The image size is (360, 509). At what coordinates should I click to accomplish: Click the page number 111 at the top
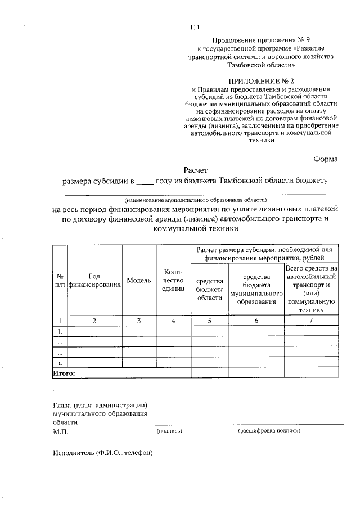195,27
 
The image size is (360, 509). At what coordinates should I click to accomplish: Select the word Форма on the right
325,159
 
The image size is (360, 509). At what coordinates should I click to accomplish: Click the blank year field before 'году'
145,182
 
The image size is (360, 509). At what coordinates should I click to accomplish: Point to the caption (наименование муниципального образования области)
195,200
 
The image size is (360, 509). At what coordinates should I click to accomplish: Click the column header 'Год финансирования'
94,280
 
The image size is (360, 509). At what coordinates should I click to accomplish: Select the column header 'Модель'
139,280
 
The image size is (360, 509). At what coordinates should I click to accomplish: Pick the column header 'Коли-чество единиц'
173,280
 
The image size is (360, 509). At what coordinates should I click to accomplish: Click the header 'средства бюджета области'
210,289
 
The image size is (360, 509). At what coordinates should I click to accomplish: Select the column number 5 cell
210,321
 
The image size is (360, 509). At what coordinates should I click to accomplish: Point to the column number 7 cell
312,321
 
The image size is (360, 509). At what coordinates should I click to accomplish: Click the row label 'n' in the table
60,363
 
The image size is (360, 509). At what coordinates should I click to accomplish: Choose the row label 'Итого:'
64,372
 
